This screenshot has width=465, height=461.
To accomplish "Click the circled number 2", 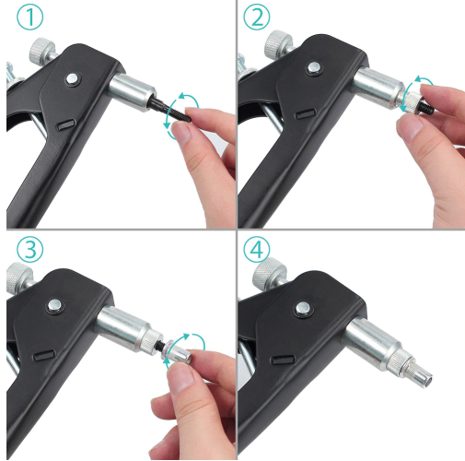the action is [257, 17].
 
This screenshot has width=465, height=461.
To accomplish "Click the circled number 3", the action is [30, 250].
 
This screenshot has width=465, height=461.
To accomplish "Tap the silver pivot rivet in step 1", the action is [73, 78].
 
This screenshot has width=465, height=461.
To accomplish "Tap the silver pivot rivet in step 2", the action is [314, 67].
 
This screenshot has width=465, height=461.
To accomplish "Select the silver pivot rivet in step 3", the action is [54, 305].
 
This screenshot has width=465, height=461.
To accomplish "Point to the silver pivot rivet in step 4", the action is [303, 308].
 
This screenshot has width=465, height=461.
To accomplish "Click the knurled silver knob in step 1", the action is [42, 50].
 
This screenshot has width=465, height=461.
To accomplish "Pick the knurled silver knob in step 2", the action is [279, 43].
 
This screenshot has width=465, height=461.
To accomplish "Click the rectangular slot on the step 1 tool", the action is [66, 124].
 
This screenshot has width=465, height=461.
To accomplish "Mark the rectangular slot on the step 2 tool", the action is [306, 113].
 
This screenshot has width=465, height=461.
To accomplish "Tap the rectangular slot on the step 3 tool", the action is [44, 355].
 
